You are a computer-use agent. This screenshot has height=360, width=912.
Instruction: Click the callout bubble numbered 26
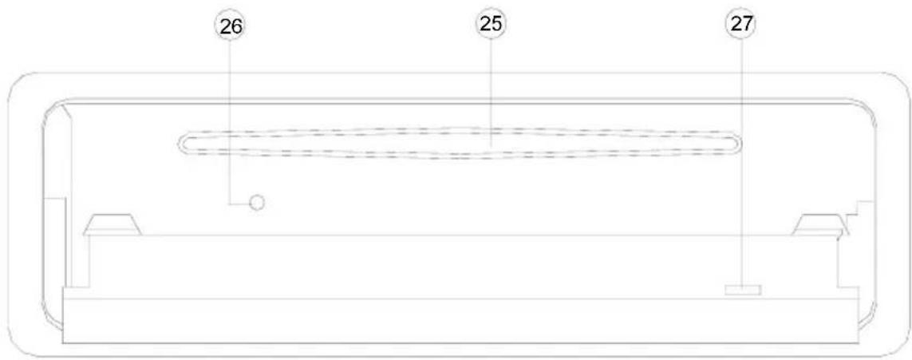pyautogui.click(x=229, y=27)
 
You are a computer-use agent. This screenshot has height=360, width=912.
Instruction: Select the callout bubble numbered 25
pyautogui.click(x=491, y=23)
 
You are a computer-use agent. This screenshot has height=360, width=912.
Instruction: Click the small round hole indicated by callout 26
pyautogui.click(x=256, y=203)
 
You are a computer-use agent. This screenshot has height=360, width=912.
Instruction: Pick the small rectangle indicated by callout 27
pyautogui.click(x=743, y=291)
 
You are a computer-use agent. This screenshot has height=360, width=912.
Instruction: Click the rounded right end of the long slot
pyautogui.click(x=736, y=143)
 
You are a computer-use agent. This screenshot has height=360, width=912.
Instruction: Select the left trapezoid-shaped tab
pyautogui.click(x=113, y=224)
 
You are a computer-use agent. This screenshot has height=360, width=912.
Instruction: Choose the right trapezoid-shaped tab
pyautogui.click(x=819, y=224)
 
